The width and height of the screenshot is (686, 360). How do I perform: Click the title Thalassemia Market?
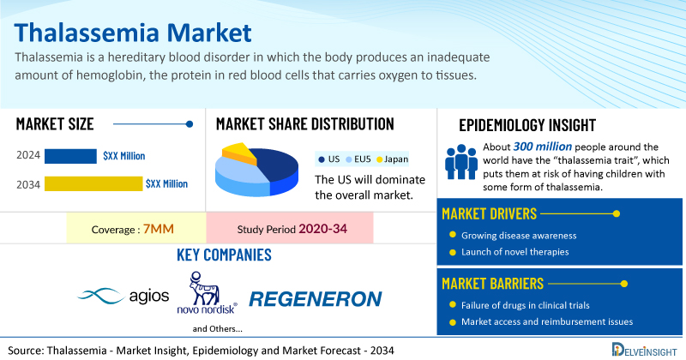click(x=133, y=33)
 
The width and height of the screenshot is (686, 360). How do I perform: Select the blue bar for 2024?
click(x=70, y=156)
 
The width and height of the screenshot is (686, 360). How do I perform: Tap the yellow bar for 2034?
click(x=93, y=183)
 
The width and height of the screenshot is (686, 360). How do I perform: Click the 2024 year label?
click(x=27, y=156)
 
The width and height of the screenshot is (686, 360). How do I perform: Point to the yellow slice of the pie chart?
click(x=242, y=154)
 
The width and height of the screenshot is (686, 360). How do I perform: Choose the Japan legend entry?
click(x=391, y=159)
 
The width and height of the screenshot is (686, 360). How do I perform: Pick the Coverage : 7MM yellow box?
click(x=136, y=229)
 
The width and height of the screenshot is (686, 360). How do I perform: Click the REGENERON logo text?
click(x=315, y=299)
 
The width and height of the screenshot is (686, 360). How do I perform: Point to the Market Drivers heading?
click(x=490, y=213)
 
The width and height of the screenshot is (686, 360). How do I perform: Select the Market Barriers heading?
click(x=493, y=282)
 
